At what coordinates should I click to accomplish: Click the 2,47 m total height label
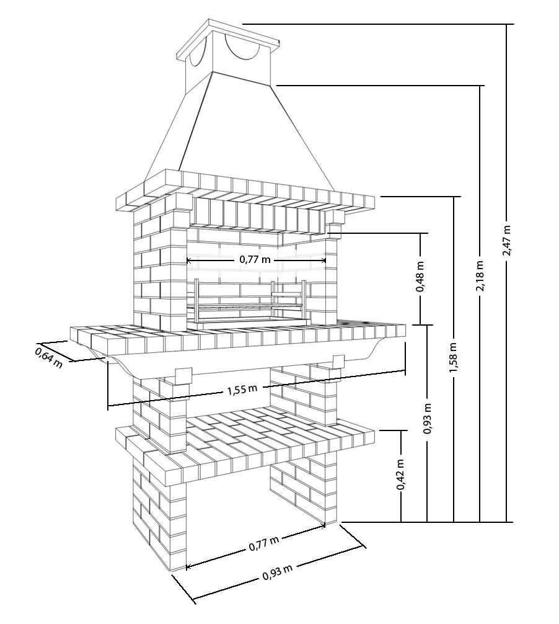tap(506, 241)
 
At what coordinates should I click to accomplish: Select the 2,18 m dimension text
tap(480, 276)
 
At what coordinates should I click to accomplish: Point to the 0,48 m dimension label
tap(420, 277)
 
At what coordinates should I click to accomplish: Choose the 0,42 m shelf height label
tap(400, 475)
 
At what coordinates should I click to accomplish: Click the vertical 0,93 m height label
tap(427, 419)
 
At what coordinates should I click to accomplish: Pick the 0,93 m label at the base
tap(277, 573)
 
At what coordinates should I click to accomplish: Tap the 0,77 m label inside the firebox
tap(255, 260)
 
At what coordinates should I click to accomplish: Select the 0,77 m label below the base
tap(263, 544)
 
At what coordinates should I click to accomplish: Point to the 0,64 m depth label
tap(49, 357)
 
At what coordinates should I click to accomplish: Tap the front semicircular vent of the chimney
tap(242, 48)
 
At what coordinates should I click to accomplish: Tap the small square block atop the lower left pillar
tap(183, 376)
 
